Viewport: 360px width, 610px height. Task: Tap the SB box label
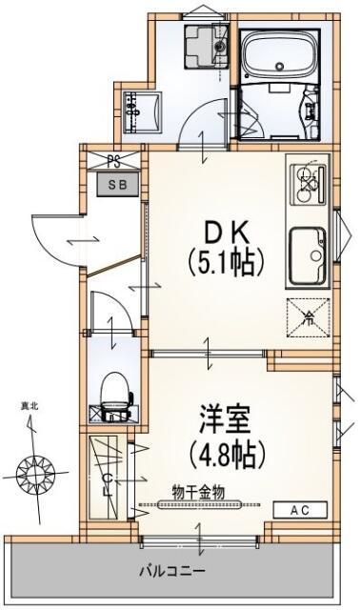point(113,181)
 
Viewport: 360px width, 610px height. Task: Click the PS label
point(113,161)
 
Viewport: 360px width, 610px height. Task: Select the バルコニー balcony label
point(172,573)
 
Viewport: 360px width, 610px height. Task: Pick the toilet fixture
point(114,390)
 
